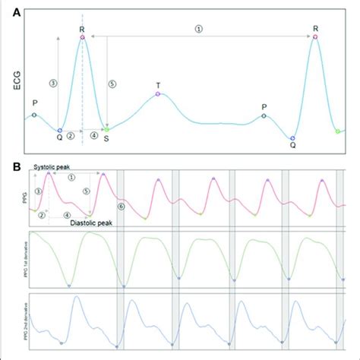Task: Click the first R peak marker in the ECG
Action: click(82, 36)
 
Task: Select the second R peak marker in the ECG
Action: click(315, 36)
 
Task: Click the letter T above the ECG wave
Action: click(158, 84)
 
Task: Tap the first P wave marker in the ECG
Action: click(33, 115)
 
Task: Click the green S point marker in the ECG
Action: click(107, 129)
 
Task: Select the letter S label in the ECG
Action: click(107, 138)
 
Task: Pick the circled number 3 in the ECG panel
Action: click(52, 82)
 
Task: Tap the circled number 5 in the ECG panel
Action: click(113, 84)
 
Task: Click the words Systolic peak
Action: click(53, 166)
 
